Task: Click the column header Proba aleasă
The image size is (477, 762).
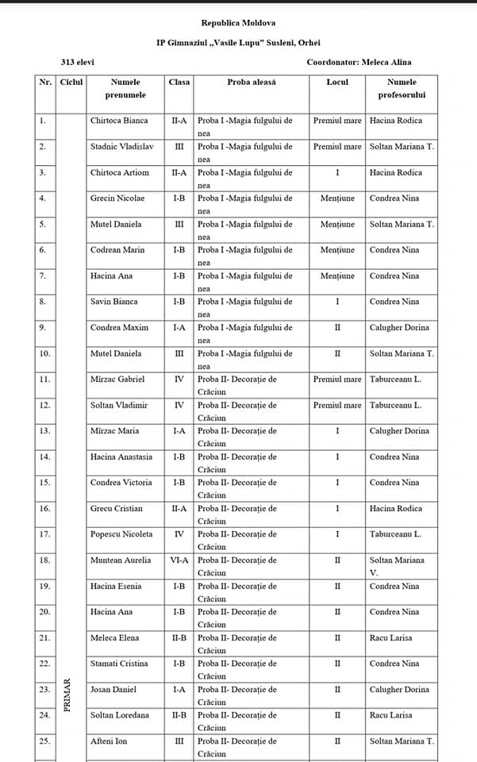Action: pyautogui.click(x=250, y=82)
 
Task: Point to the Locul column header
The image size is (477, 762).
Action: pyautogui.click(x=337, y=82)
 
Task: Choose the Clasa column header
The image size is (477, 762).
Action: pyautogui.click(x=179, y=82)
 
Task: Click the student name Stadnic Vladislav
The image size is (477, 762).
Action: pyautogui.click(x=123, y=147)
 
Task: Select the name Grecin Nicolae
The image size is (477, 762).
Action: pyautogui.click(x=117, y=198)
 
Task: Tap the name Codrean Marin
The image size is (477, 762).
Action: pyautogui.click(x=117, y=250)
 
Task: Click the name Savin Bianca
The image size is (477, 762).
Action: pyautogui.click(x=114, y=302)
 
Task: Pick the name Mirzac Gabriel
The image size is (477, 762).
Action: pyautogui.click(x=117, y=379)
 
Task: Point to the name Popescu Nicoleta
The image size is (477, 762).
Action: pyautogui.click(x=121, y=534)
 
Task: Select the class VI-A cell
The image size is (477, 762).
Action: pyautogui.click(x=179, y=560)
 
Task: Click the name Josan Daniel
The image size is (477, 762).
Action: pyautogui.click(x=113, y=690)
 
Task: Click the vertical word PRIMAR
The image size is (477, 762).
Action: pyautogui.click(x=67, y=694)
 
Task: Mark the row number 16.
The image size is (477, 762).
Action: pyautogui.click(x=44, y=509)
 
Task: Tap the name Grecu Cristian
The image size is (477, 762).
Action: pyautogui.click(x=117, y=509)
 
